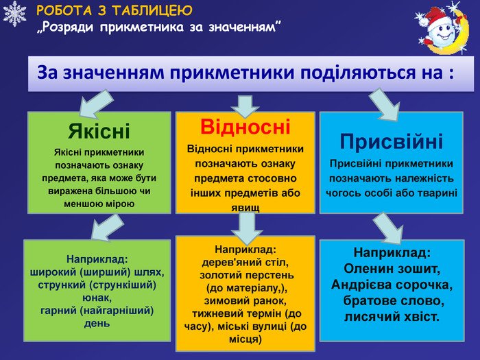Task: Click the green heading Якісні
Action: (99, 130)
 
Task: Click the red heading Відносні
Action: (245, 127)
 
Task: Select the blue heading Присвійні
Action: (392, 141)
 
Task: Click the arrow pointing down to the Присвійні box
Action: (385, 105)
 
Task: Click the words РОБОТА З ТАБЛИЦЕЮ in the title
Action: (114, 11)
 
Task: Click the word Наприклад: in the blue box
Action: (392, 252)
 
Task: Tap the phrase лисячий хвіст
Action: (392, 317)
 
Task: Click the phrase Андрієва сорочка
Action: (392, 284)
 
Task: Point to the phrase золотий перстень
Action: (245, 274)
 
